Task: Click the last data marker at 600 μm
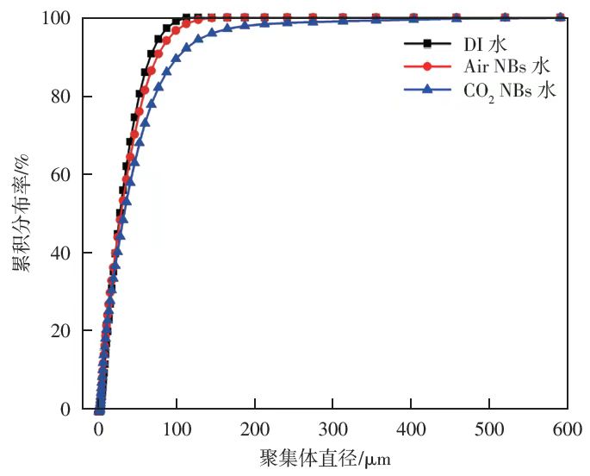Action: (560, 17)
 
